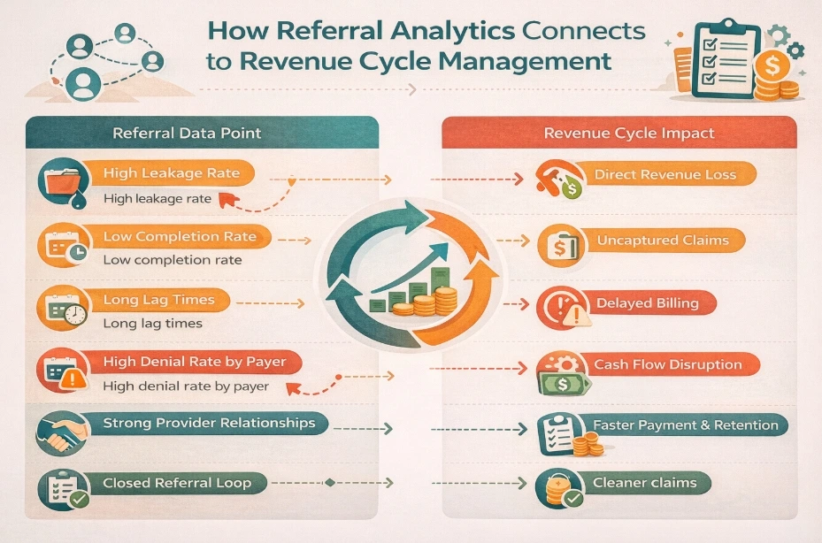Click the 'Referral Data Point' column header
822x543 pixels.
pyautogui.click(x=187, y=134)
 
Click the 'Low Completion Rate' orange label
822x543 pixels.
pyautogui.click(x=180, y=237)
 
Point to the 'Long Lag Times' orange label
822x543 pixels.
pyautogui.click(x=159, y=300)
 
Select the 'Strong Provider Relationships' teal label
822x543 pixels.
pyautogui.click(x=209, y=423)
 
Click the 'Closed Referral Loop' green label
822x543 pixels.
pyautogui.click(x=176, y=483)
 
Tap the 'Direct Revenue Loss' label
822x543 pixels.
pyautogui.click(x=665, y=174)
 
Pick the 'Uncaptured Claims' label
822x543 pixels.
pyautogui.click(x=662, y=240)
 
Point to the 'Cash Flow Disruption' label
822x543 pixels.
pyautogui.click(x=667, y=364)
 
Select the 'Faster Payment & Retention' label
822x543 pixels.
pyautogui.click(x=685, y=424)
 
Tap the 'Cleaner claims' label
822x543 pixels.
pyautogui.click(x=644, y=482)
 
